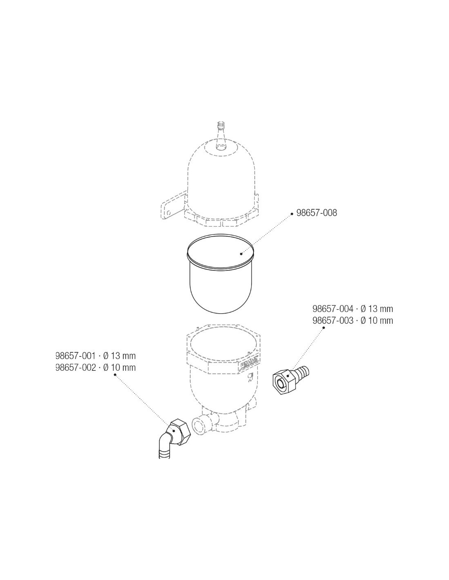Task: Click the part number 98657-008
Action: [316, 213]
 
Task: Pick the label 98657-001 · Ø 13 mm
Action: [96, 356]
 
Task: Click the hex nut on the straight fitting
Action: [284, 382]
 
